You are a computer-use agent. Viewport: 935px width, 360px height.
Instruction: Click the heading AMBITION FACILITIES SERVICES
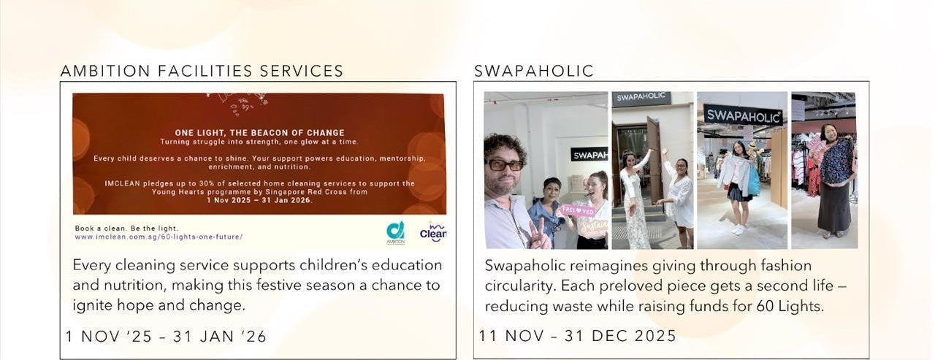coord(202,71)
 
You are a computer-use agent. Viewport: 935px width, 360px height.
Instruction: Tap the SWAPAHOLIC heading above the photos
coord(534,71)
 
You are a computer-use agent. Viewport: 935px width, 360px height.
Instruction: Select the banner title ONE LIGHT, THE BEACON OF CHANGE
coord(259,133)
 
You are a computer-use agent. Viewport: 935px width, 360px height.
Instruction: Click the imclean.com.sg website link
coord(159,237)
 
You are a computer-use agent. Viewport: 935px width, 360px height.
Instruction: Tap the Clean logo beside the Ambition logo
coord(433,231)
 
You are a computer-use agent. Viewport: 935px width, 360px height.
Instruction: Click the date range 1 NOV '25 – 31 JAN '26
coord(166,337)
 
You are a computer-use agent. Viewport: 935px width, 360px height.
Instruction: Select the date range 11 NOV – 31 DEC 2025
coord(577,336)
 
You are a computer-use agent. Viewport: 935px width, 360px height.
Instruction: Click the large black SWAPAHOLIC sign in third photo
coord(743,115)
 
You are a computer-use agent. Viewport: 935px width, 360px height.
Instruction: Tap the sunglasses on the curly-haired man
coord(504,165)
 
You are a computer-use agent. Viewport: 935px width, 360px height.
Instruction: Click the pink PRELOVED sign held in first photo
coord(578,210)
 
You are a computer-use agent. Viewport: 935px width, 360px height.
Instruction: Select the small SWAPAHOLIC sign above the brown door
coord(641,97)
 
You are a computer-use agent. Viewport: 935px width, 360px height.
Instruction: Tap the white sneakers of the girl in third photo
coord(738,229)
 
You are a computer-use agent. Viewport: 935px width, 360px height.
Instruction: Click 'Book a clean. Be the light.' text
coord(126,228)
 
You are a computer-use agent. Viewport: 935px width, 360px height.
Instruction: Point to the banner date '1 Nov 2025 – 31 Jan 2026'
coord(259,200)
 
